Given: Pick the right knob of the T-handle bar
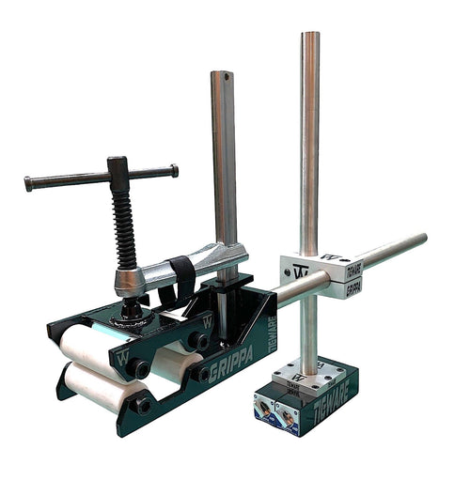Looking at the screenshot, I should pos(174,170).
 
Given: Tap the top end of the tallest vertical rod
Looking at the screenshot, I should pos(310,38).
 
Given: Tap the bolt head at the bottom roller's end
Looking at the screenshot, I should pos(141,406).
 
